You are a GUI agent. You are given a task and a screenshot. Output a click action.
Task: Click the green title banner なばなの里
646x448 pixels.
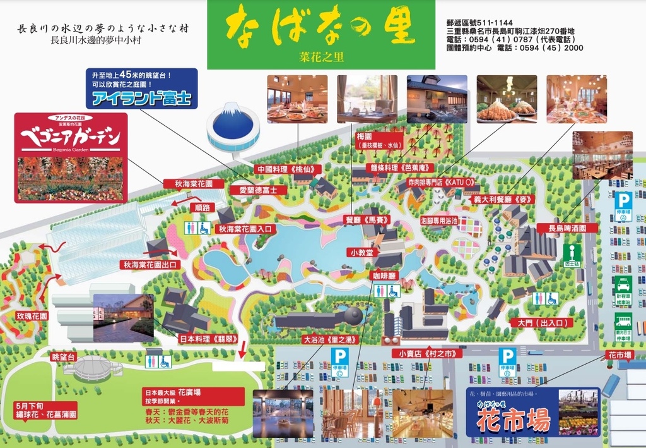321,35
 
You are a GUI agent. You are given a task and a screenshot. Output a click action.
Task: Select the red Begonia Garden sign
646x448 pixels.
71,157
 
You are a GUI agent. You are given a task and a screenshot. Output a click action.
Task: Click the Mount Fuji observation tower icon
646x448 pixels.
233,126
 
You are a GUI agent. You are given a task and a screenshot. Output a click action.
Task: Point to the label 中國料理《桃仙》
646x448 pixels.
289,169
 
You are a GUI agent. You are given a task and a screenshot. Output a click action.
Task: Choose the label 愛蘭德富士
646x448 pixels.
258,190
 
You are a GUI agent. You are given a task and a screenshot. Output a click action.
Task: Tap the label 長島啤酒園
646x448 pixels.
567,228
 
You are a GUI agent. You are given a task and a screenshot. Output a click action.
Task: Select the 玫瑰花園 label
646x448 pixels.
32,316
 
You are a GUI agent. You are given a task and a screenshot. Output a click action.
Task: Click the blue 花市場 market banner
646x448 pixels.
533,412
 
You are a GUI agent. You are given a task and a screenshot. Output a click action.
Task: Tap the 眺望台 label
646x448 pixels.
64,358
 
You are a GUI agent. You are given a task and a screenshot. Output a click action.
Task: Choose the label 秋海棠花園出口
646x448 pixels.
151,265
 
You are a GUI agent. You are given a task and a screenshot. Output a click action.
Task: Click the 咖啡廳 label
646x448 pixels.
384,275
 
